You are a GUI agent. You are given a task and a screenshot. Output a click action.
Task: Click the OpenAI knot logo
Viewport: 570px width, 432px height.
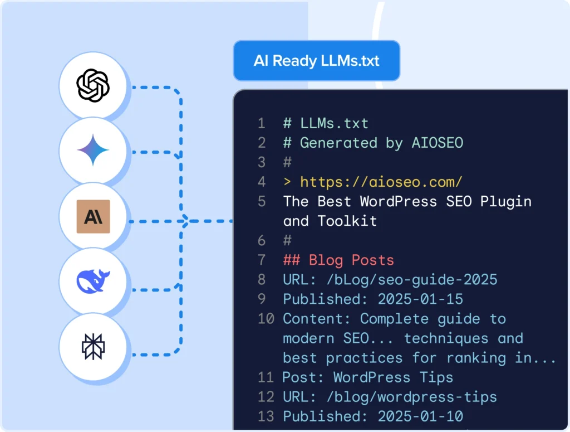pos(93,85)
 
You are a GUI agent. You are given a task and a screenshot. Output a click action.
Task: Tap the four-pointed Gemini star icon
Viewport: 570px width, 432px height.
pos(93,150)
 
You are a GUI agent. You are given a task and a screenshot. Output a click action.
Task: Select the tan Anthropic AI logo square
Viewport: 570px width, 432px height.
pos(94,216)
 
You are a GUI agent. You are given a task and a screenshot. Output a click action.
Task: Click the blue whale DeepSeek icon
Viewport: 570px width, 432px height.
pos(93,281)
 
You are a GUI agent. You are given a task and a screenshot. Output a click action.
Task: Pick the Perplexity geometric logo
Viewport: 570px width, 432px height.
pos(93,347)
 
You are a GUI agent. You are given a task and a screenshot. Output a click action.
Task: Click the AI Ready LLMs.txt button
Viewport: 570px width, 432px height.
pos(317,60)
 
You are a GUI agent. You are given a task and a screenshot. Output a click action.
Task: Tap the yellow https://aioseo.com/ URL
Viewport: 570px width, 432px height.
pos(381,182)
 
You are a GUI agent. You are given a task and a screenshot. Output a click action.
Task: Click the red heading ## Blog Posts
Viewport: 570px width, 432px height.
pos(338,260)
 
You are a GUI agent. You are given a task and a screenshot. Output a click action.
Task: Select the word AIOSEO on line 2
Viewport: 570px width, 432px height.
pos(438,143)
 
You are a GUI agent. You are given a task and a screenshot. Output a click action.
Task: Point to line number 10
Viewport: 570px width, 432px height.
pos(266,319)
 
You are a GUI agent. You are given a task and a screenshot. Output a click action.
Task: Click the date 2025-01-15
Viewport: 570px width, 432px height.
pos(420,299)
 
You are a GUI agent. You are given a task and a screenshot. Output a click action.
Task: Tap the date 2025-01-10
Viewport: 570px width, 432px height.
pos(420,416)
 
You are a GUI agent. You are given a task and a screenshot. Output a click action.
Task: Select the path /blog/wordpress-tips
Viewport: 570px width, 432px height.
pos(411,397)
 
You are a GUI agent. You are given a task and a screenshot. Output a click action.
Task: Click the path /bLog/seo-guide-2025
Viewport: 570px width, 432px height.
pos(411,280)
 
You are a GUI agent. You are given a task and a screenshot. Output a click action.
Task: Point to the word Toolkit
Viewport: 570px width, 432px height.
pos(347,221)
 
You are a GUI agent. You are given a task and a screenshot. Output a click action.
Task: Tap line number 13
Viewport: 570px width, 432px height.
pos(266,416)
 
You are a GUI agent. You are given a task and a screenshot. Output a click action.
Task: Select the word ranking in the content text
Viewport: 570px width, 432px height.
pos(476,358)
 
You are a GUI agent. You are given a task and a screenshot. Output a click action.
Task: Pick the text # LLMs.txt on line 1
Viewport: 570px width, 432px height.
pos(326,123)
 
